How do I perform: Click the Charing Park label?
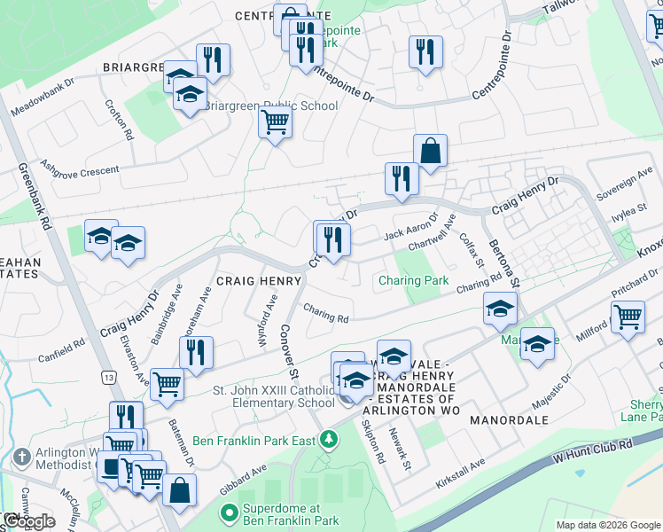414,280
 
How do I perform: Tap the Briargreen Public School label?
271,106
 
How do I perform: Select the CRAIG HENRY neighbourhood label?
250,279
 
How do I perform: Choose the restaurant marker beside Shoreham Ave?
196,352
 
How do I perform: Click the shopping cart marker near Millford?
628,317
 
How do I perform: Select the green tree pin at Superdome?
228,512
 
